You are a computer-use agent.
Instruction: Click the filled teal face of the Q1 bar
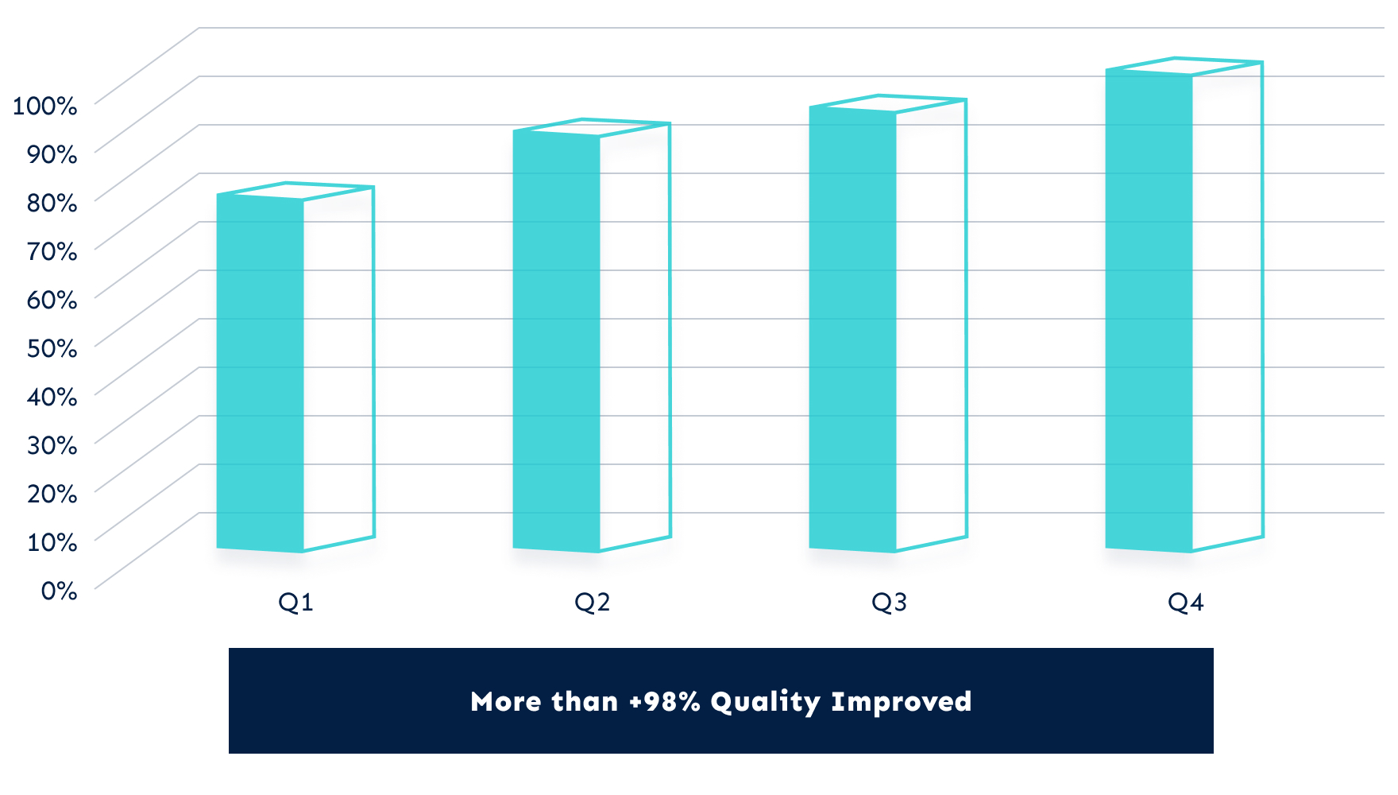(x=260, y=374)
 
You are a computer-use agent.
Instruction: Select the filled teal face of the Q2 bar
(x=556, y=342)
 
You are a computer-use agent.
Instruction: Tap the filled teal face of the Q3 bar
(x=852, y=330)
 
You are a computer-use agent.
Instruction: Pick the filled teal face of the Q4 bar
(x=1149, y=310)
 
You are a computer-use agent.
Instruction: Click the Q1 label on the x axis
(x=295, y=603)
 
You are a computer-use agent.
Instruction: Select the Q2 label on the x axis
(x=592, y=603)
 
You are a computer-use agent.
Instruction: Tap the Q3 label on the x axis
(x=889, y=603)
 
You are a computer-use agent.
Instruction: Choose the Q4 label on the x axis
(x=1185, y=603)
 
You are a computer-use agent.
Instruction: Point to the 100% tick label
(x=44, y=105)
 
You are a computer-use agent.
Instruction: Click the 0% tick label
(x=59, y=591)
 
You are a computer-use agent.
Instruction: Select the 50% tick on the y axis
(x=52, y=348)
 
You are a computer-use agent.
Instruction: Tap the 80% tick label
(x=52, y=203)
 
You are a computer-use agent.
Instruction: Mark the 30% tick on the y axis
(x=52, y=445)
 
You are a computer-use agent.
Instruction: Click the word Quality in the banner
(x=765, y=702)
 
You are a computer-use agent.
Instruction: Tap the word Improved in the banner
(x=901, y=702)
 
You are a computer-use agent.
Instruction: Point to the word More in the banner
(x=504, y=702)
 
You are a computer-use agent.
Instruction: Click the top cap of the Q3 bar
(x=888, y=103)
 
